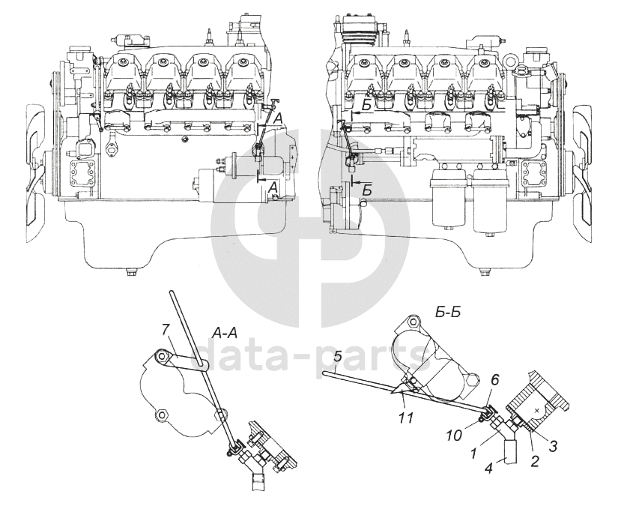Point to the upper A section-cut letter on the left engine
click(278, 118)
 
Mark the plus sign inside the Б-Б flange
click(538, 410)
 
